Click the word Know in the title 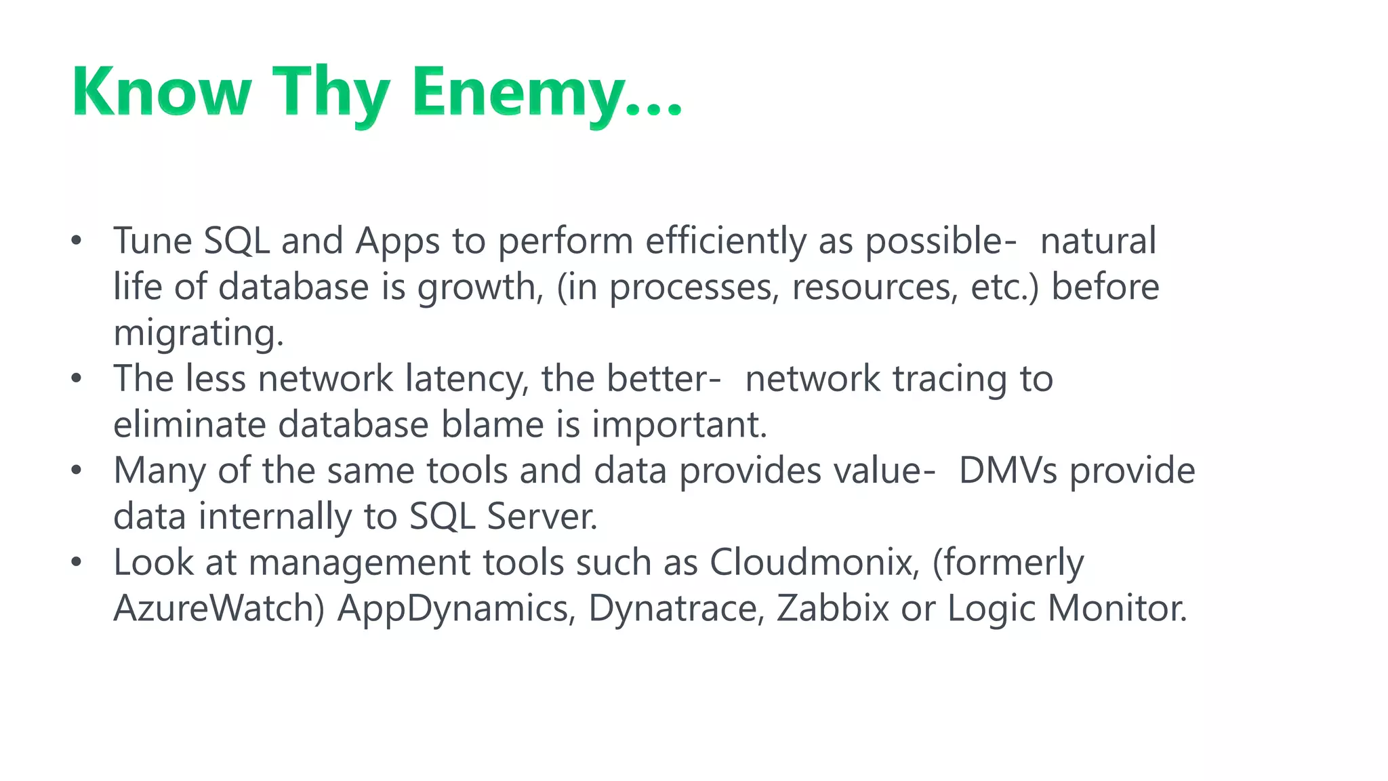coord(161,92)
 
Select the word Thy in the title coord(331,92)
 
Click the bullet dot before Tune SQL coord(77,241)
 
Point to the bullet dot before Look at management coord(77,562)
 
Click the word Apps coord(398,241)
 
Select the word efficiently coord(725,241)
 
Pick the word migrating coord(198,334)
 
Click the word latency coord(467,379)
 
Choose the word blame coord(493,425)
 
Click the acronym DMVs coord(1008,470)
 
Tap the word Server coord(542,517)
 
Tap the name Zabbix coord(832,608)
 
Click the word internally coord(275,517)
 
